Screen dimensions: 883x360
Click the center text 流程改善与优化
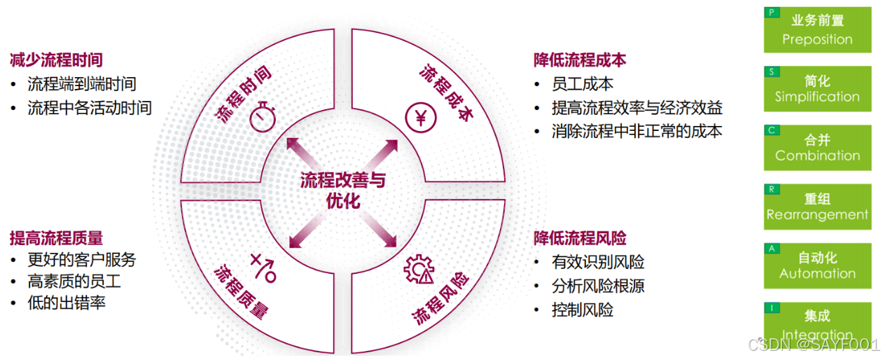[x=342, y=190]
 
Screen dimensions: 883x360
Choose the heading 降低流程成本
[x=579, y=60]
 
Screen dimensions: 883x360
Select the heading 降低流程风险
[x=579, y=237]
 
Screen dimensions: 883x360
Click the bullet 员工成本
[x=583, y=84]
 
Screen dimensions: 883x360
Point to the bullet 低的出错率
[x=67, y=303]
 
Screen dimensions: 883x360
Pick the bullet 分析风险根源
[x=598, y=286]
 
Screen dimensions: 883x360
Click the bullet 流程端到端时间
[x=82, y=84]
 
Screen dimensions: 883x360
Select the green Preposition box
[x=817, y=30]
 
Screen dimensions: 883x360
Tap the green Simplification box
[x=817, y=89]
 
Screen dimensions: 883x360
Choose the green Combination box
[x=817, y=148]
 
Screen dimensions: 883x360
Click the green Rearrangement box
[x=817, y=207]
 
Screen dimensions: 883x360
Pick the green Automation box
[x=817, y=266]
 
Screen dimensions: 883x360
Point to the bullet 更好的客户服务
[x=82, y=260]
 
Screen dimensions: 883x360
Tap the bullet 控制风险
[x=583, y=310]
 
